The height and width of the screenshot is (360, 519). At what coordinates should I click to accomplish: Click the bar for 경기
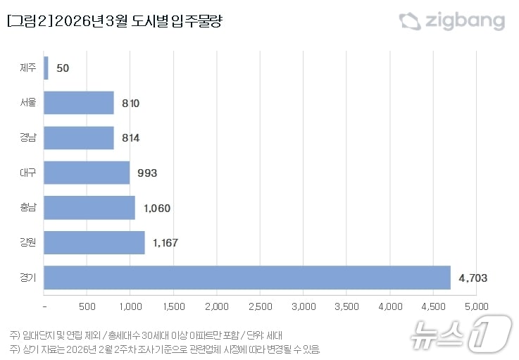[246, 278]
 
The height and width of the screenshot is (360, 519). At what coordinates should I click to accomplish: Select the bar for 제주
[46, 68]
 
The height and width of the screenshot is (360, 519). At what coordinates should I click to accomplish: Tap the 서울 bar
[79, 103]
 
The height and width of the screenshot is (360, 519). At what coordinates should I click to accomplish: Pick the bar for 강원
[94, 242]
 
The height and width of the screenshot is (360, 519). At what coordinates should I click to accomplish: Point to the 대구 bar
[87, 173]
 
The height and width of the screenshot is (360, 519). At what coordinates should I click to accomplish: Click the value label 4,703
[473, 278]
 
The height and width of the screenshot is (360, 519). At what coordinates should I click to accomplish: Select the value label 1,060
[156, 208]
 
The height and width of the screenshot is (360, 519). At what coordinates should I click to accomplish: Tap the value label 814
[130, 138]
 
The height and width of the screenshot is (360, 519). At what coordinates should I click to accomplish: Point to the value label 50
[61, 68]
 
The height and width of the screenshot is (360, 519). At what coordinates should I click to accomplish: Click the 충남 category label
[29, 208]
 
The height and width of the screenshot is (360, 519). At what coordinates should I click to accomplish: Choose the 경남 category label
[29, 138]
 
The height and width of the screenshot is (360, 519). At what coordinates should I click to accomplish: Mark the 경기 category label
[29, 278]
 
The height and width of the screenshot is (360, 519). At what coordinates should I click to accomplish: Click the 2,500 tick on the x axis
[260, 306]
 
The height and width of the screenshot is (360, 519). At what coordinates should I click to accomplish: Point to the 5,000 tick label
[476, 306]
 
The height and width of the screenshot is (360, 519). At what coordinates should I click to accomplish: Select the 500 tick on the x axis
[87, 306]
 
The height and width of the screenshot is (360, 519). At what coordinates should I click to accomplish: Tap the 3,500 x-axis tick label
[346, 306]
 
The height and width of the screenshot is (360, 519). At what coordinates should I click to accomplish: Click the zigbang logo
[452, 21]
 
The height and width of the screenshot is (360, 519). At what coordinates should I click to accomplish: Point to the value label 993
[146, 173]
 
